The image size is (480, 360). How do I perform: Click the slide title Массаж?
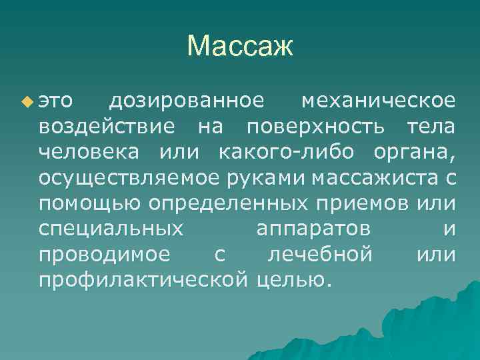point(240,46)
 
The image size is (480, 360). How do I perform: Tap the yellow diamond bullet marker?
point(26,101)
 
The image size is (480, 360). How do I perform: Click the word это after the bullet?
point(56,101)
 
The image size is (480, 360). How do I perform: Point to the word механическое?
point(379,101)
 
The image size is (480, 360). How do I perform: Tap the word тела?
point(430,126)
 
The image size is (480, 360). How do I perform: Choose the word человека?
point(89,151)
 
